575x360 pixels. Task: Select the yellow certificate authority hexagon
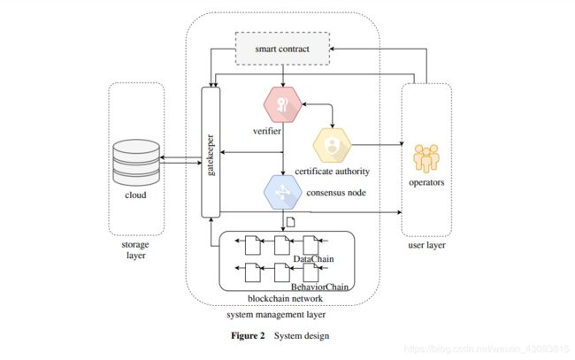(333, 142)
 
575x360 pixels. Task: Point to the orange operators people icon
(425, 160)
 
